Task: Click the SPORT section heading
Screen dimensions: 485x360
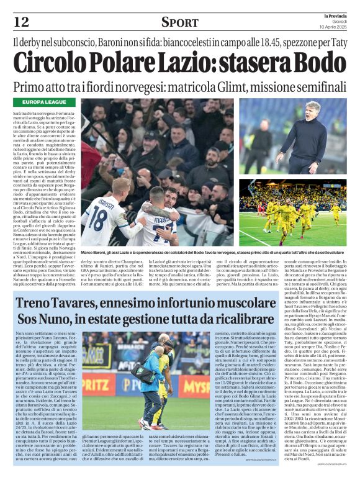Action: tap(179, 23)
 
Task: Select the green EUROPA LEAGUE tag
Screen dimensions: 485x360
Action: tap(46, 101)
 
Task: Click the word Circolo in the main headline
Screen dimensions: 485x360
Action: tap(59, 62)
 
